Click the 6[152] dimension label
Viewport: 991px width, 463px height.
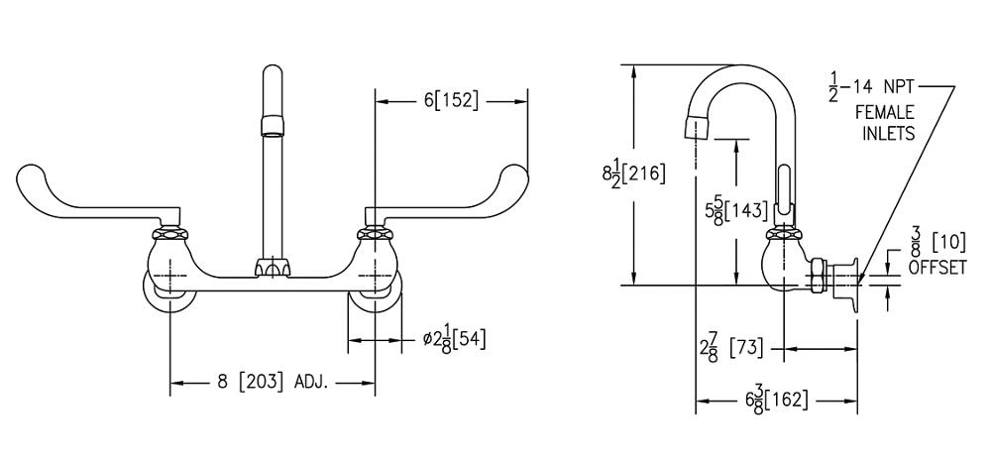(x=451, y=101)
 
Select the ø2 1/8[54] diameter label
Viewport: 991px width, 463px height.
(x=453, y=339)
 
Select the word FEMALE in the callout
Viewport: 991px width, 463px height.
(x=885, y=113)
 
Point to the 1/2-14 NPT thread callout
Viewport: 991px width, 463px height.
(x=876, y=88)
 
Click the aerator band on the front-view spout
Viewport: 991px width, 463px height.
(x=271, y=125)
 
